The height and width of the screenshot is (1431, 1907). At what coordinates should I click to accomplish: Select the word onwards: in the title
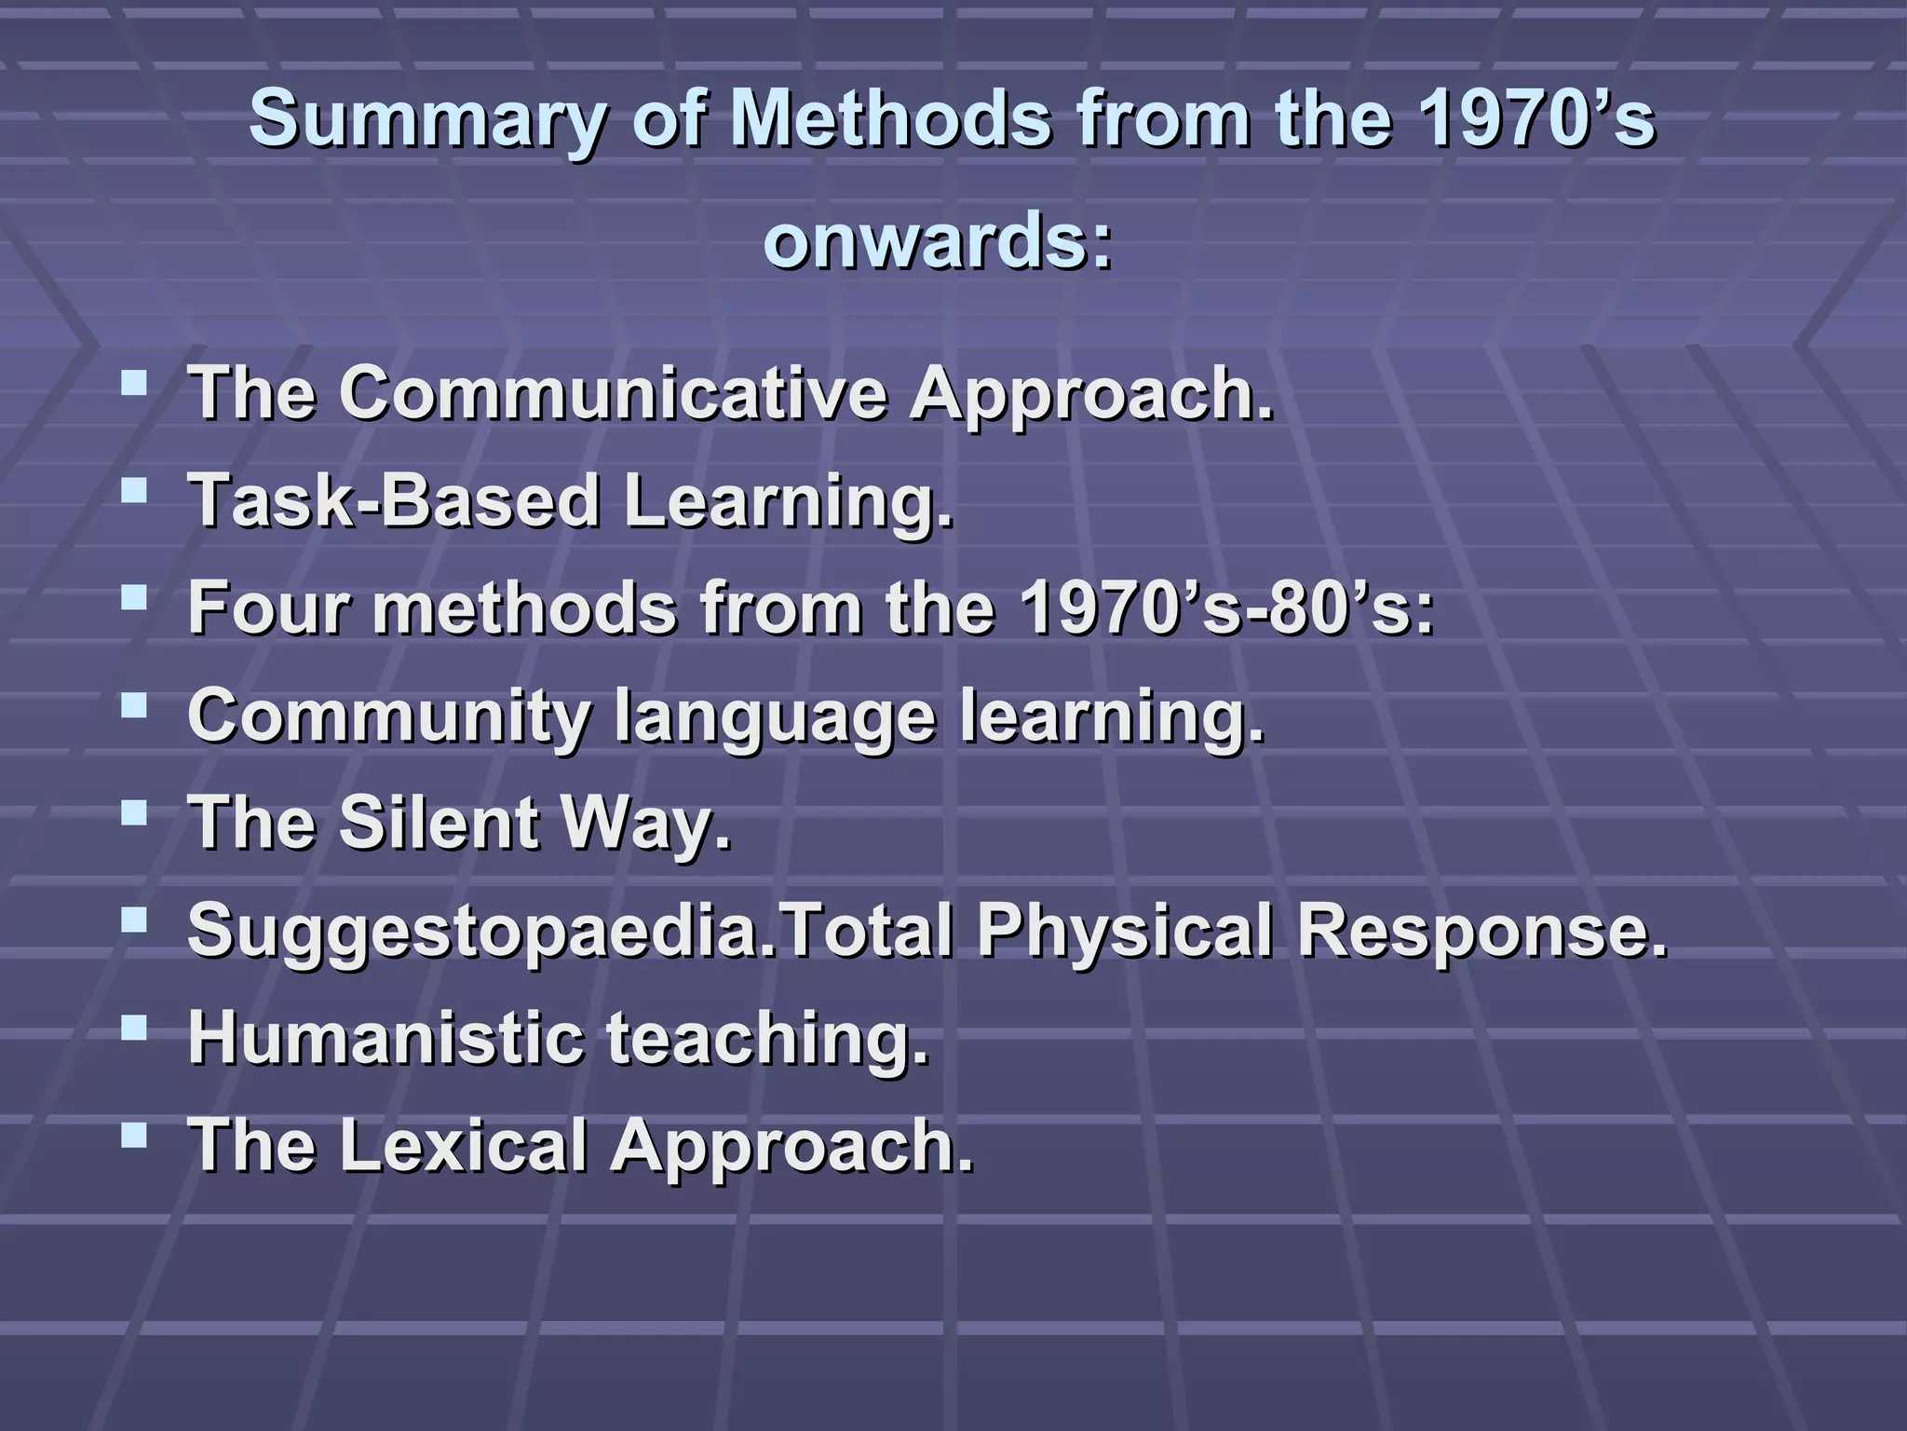(x=938, y=240)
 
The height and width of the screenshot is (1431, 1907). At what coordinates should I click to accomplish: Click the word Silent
(x=439, y=824)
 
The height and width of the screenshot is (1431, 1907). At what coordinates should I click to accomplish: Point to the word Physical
(x=1124, y=932)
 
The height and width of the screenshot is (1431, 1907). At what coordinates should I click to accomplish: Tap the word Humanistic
(x=385, y=1038)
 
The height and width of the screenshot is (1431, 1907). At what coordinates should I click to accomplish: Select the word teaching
(x=768, y=1040)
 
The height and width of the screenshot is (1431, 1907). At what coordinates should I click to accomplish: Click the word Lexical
(x=462, y=1146)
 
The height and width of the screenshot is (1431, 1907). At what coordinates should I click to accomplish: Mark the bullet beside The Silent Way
(x=134, y=814)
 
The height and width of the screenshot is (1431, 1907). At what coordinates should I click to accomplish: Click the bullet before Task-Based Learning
(x=134, y=490)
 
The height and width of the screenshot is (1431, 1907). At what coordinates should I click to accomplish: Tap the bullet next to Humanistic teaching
(x=134, y=1029)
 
